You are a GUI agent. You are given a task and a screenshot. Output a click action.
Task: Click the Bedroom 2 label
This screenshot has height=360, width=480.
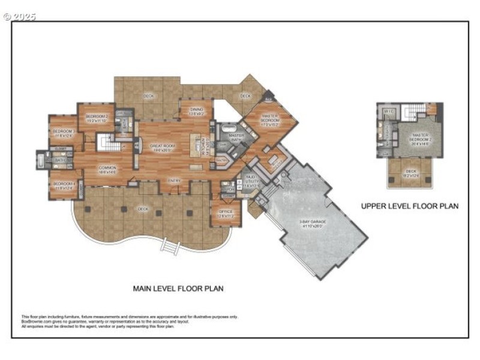click(97, 116)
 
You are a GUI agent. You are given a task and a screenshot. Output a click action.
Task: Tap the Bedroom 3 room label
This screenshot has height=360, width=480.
click(63, 131)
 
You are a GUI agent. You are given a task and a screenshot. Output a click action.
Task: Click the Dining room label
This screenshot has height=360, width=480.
click(197, 110)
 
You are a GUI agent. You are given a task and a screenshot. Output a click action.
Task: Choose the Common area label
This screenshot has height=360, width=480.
click(107, 169)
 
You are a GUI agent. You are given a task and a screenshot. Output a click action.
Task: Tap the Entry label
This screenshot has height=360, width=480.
click(175, 181)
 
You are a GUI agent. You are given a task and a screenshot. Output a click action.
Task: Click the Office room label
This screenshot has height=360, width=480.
click(226, 212)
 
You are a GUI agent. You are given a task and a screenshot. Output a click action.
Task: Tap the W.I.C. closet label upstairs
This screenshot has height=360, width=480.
click(388, 111)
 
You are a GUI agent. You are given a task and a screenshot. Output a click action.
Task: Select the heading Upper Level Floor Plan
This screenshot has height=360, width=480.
click(410, 206)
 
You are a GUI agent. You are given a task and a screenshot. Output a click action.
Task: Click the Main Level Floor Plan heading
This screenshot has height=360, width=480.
click(178, 289)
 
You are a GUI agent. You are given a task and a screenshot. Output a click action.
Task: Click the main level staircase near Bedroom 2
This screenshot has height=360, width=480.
click(106, 143)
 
